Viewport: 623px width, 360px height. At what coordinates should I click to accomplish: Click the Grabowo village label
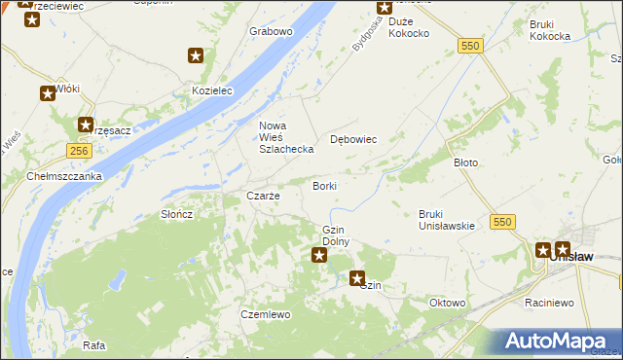pyautogui.click(x=271, y=31)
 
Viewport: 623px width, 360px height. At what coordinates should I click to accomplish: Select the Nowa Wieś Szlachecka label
pyautogui.click(x=285, y=137)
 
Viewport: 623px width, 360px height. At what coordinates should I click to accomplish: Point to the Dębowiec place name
pyautogui.click(x=353, y=139)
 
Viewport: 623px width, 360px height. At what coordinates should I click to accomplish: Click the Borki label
pyautogui.click(x=324, y=185)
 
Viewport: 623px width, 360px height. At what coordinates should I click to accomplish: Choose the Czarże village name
pyautogui.click(x=263, y=196)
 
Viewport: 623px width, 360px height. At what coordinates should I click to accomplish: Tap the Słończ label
pyautogui.click(x=177, y=214)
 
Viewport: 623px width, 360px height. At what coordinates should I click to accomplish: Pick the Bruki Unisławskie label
pyautogui.click(x=446, y=220)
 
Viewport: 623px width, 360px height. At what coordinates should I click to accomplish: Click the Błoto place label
pyautogui.click(x=466, y=162)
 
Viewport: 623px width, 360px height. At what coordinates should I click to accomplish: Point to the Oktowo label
pyautogui.click(x=447, y=303)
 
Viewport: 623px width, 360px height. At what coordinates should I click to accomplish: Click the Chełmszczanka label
pyautogui.click(x=64, y=176)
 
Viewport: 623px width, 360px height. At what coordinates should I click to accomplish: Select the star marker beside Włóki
pyautogui.click(x=47, y=94)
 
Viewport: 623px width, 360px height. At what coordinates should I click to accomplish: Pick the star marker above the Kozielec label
pyautogui.click(x=197, y=55)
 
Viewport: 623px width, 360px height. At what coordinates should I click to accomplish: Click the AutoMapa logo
pyautogui.click(x=558, y=341)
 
